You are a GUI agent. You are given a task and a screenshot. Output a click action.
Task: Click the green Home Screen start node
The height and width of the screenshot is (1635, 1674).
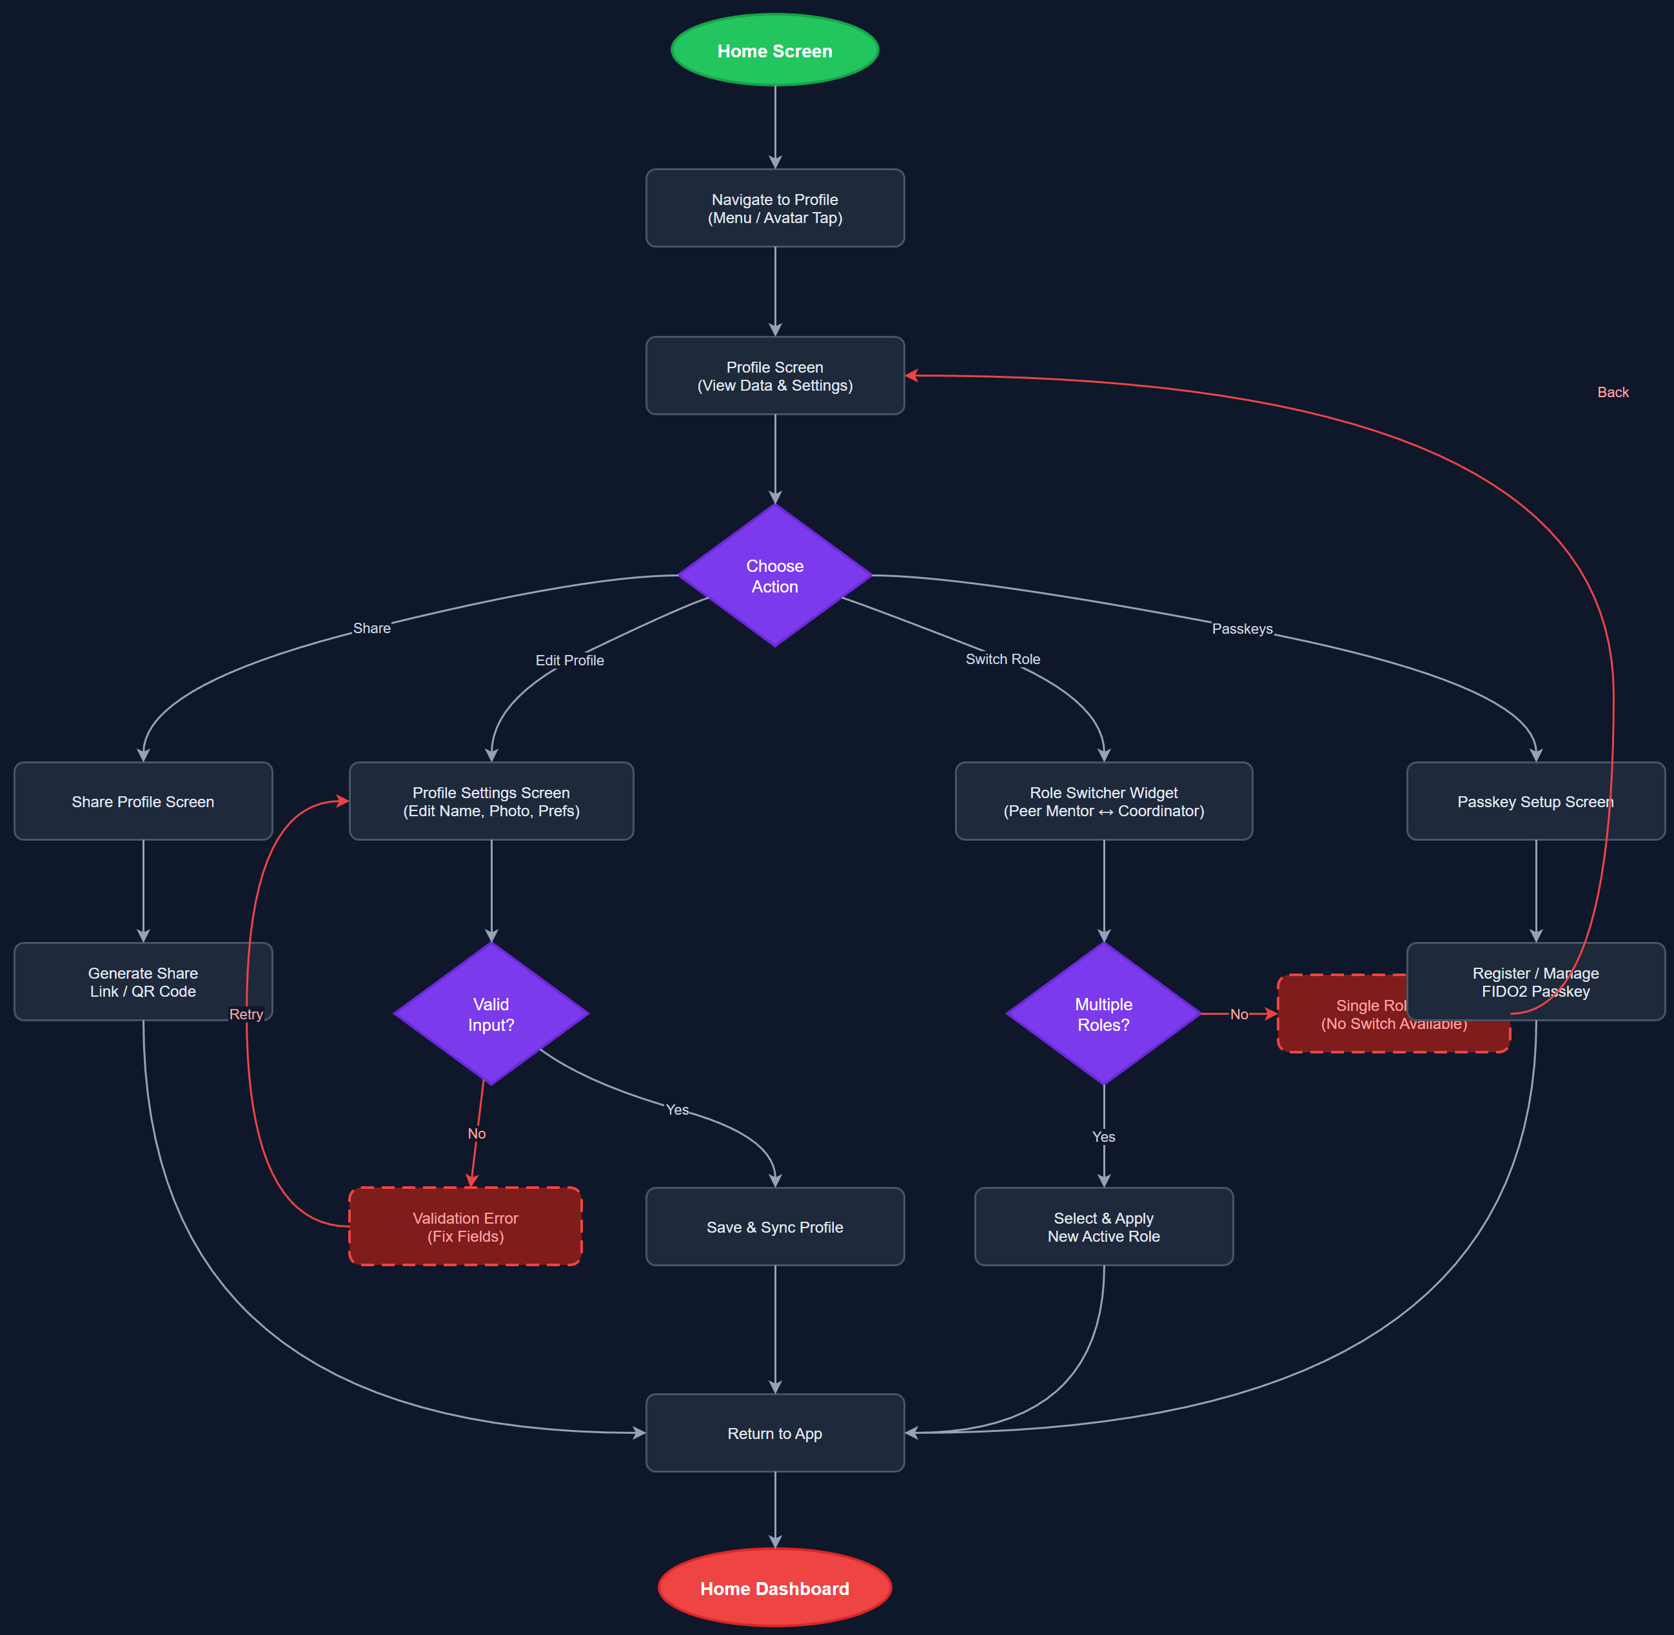(774, 51)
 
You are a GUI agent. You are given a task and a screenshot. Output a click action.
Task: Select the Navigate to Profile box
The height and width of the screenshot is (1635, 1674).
(774, 208)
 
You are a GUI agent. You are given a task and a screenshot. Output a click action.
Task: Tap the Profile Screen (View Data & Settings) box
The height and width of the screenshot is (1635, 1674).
(774, 375)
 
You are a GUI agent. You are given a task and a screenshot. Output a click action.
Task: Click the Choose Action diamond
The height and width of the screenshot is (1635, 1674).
(774, 575)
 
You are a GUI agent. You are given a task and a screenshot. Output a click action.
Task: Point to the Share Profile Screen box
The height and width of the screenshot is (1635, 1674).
(143, 801)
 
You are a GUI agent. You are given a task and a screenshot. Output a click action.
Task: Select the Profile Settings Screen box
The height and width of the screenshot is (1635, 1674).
(491, 801)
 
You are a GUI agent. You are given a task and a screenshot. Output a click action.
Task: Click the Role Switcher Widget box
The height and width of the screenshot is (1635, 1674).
(1104, 801)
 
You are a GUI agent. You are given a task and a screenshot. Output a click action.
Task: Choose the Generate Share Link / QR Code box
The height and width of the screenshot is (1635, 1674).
(143, 981)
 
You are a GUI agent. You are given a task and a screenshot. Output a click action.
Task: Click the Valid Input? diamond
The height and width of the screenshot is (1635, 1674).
(491, 1014)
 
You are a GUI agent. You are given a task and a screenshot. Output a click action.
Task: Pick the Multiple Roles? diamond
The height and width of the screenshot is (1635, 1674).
(1104, 1014)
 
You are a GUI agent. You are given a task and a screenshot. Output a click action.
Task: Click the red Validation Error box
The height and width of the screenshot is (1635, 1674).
(466, 1226)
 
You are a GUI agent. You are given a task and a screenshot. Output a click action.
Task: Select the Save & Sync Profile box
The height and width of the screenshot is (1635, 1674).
(774, 1226)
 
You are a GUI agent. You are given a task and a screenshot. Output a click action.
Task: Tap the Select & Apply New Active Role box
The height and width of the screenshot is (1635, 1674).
(1104, 1226)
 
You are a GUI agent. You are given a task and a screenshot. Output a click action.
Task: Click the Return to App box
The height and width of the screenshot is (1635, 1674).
(774, 1433)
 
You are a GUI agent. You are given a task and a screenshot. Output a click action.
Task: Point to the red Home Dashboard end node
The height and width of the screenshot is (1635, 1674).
(774, 1588)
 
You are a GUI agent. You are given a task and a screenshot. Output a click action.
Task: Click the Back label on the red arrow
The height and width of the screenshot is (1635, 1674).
(1612, 393)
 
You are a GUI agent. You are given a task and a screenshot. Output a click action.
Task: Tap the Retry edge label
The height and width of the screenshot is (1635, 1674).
(246, 1014)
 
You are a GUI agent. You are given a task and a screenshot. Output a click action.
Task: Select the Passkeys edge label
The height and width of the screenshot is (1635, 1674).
(1242, 629)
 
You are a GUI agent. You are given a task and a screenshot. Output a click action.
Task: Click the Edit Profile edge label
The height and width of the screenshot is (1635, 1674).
(569, 660)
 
